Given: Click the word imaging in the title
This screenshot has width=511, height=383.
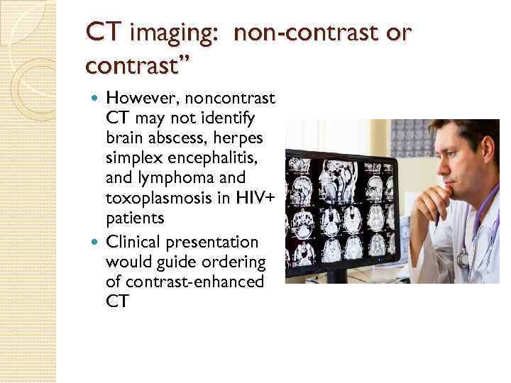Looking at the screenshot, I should click(x=158, y=33).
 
